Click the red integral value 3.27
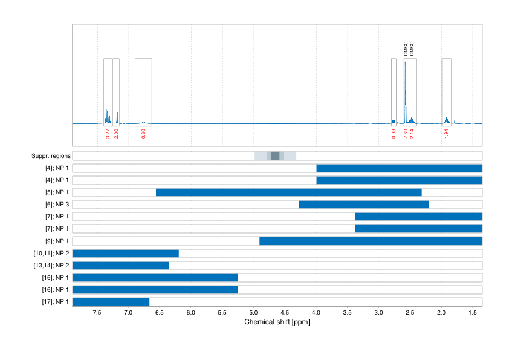point(108,134)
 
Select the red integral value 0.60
point(143,134)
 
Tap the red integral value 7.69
point(406,134)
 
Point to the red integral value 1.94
point(446,134)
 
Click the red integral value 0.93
point(394,134)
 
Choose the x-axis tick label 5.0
point(253,313)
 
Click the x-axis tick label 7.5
point(97,313)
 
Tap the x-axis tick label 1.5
point(472,313)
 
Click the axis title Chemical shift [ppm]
point(277,322)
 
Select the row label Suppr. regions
point(51,156)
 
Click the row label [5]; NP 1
point(55,192)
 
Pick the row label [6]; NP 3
point(55,205)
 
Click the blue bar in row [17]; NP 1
point(111,301)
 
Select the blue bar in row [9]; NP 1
point(371,241)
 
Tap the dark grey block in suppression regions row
point(276,156)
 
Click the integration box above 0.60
point(143,91)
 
